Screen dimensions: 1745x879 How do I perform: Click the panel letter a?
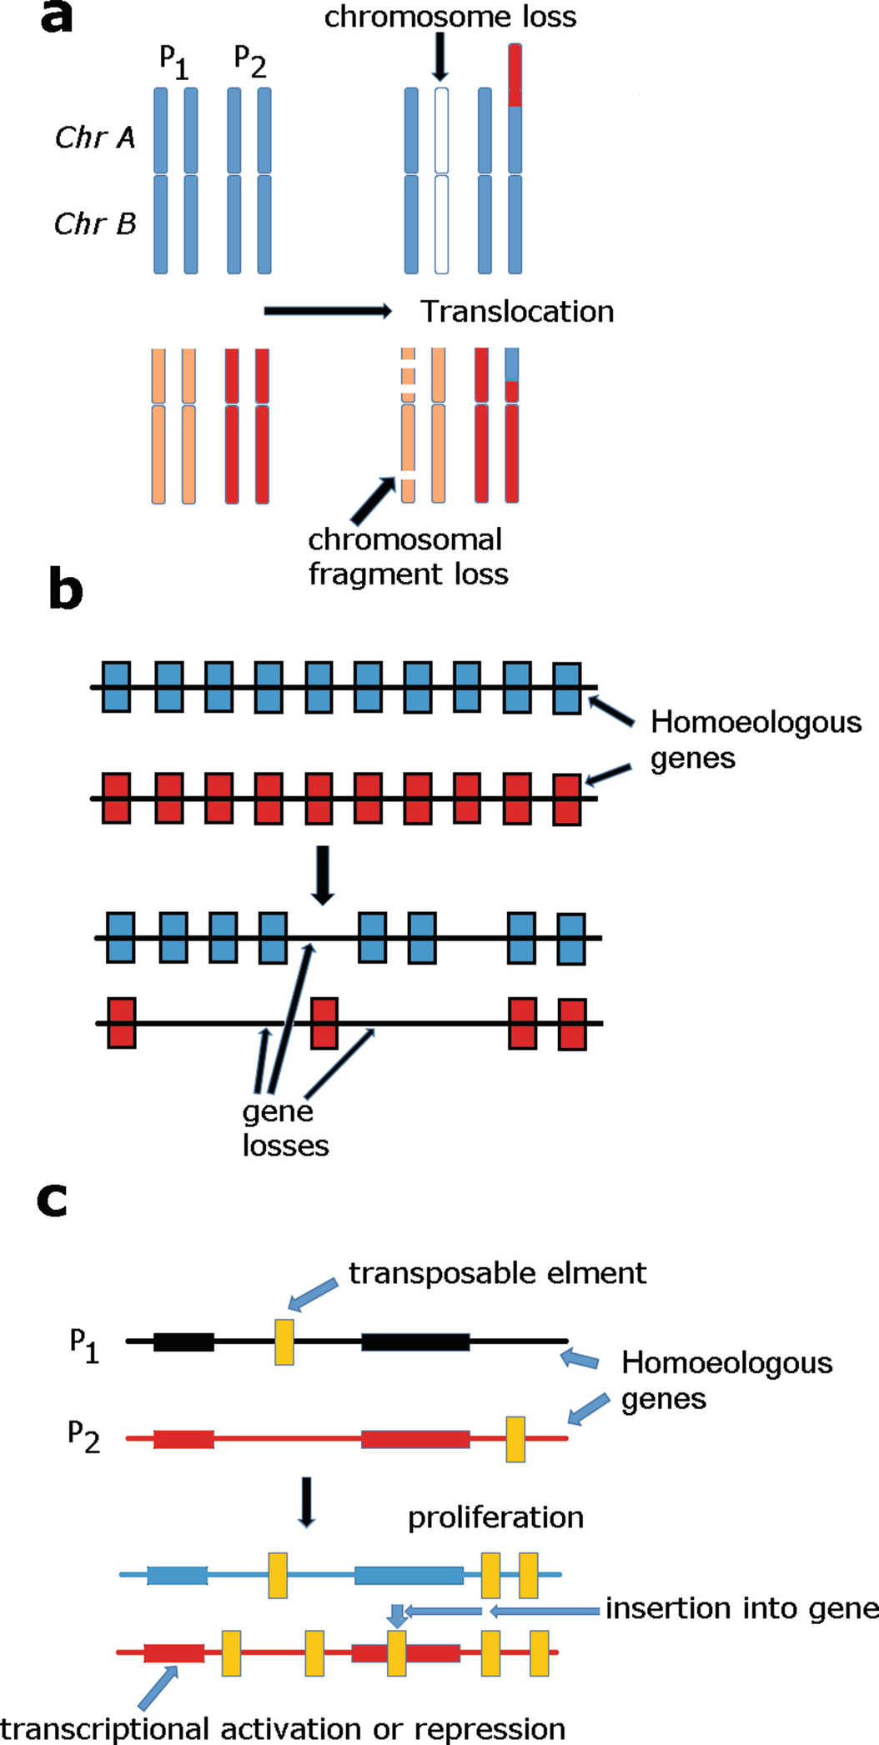tap(56, 18)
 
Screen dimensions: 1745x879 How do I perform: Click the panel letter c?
tap(52, 1201)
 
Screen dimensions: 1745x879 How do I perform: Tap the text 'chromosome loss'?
tap(450, 17)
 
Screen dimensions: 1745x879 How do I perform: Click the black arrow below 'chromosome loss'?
tap(440, 59)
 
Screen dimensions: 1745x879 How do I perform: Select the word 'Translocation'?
tap(517, 311)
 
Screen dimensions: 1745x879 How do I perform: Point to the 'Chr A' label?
tap(94, 138)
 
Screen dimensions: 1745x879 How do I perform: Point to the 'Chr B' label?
tap(94, 223)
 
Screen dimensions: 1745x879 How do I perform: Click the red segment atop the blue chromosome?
tap(515, 76)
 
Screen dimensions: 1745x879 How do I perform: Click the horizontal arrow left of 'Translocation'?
tap(327, 311)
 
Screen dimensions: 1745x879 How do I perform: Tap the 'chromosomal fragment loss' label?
tap(407, 557)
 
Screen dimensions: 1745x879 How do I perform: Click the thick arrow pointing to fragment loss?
tap(372, 500)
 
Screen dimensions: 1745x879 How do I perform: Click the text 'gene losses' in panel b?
tap(284, 1128)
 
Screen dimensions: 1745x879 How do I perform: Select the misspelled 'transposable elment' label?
tap(497, 1273)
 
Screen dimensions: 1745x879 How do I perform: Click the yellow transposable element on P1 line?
tap(284, 1341)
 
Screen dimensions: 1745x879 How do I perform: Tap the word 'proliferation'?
tap(495, 1517)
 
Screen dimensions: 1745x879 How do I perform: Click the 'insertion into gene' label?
tap(741, 1608)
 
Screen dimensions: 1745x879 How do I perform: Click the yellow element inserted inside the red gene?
tap(397, 1653)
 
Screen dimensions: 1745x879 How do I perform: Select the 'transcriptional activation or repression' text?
tap(284, 1728)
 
